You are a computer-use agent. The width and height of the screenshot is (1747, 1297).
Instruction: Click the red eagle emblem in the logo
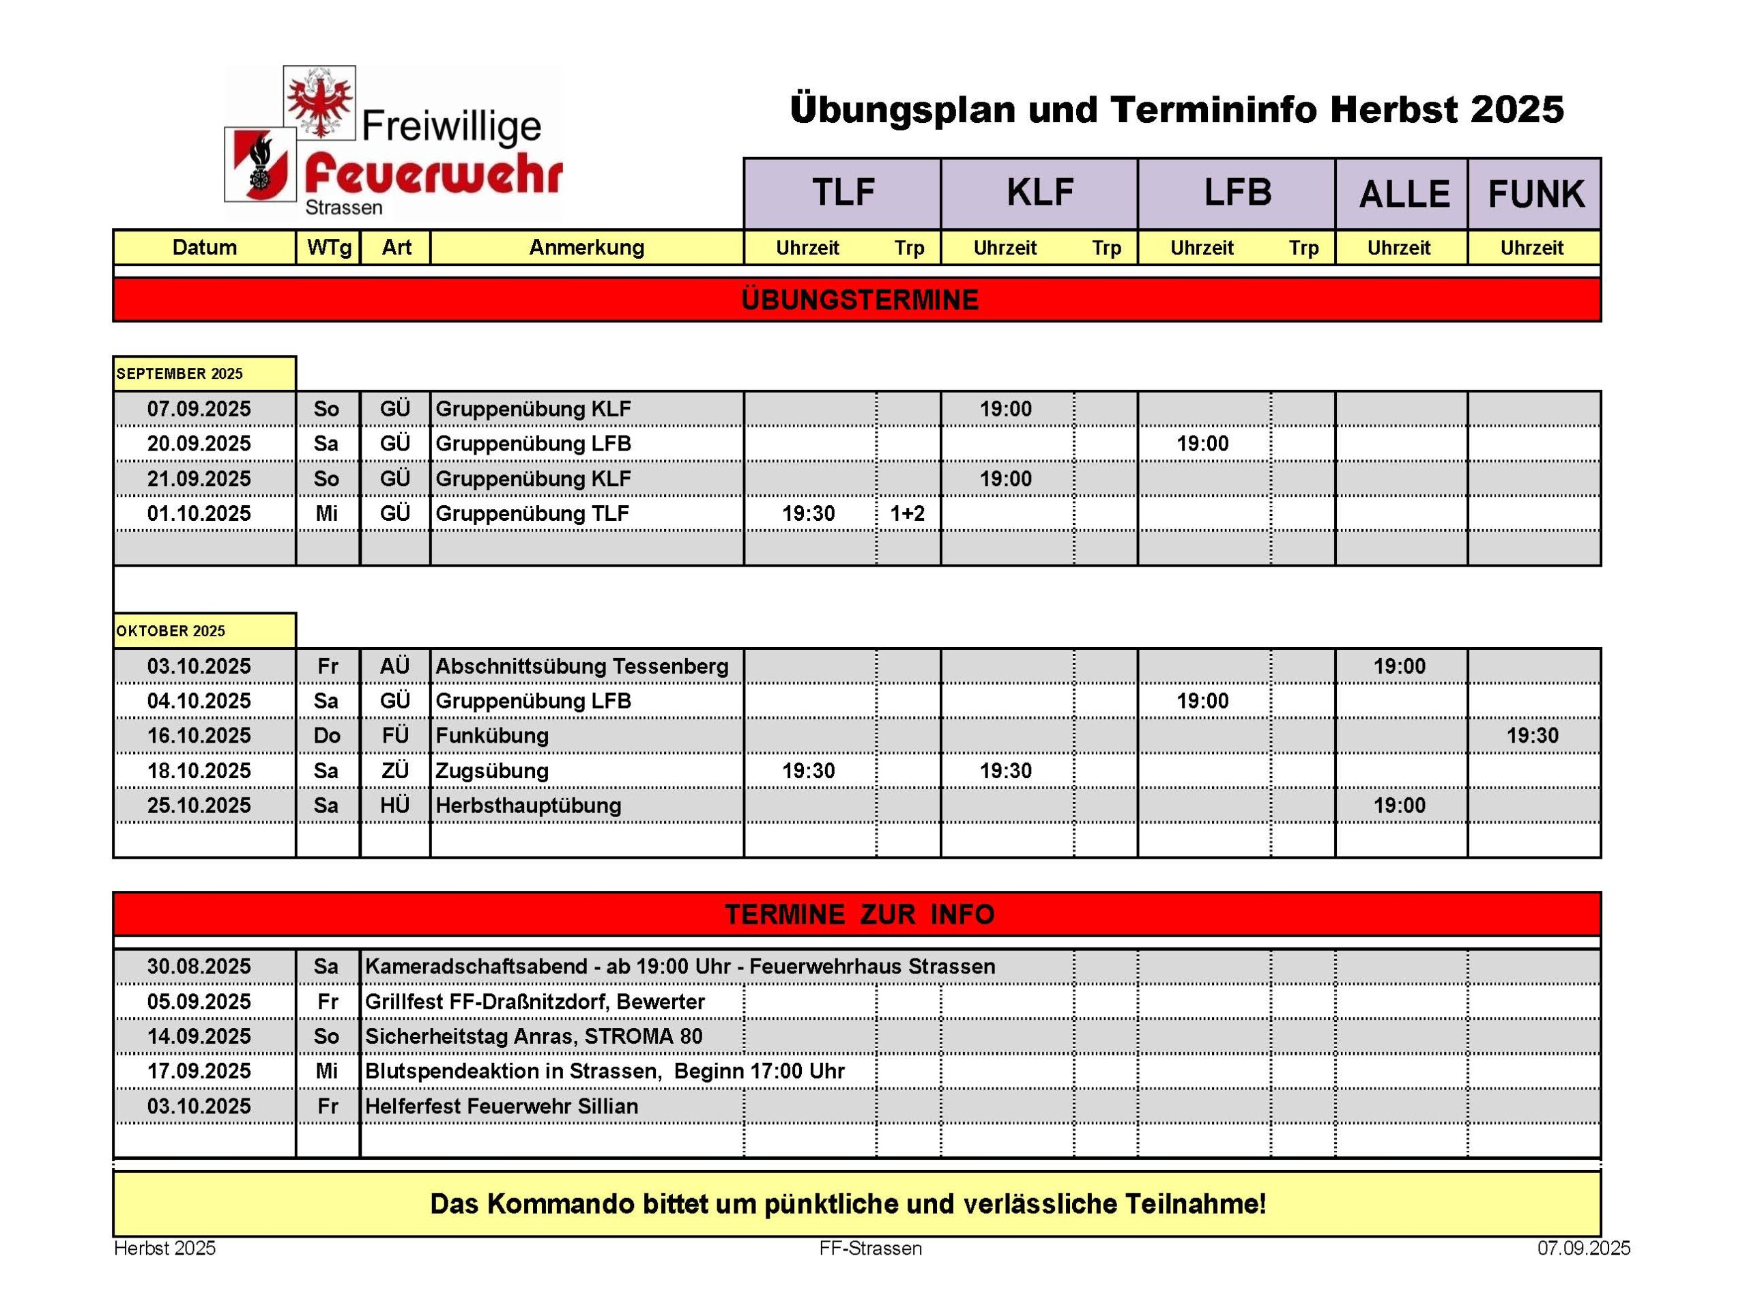(319, 102)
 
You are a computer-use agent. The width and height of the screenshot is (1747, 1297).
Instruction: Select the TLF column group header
(842, 193)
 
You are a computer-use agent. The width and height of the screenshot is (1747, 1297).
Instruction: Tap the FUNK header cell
(1535, 194)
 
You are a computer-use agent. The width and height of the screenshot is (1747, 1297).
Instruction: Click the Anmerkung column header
(586, 247)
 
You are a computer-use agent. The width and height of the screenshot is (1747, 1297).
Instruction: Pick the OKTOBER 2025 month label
(171, 631)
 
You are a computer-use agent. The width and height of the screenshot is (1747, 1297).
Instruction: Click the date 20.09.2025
(199, 444)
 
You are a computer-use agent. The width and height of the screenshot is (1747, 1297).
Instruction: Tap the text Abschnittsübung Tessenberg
(581, 666)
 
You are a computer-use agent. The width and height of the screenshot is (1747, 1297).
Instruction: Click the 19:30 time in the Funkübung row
(1532, 736)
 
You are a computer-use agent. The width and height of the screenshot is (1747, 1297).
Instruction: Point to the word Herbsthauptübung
(528, 806)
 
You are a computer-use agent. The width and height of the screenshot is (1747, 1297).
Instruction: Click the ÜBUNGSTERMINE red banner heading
(859, 300)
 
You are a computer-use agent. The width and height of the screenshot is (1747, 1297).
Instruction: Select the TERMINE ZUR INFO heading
(859, 915)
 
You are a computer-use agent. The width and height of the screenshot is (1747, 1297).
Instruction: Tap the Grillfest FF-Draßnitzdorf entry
(534, 1002)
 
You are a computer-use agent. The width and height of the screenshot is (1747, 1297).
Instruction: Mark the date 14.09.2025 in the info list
(199, 1036)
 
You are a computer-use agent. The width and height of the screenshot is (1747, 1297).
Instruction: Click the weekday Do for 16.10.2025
(326, 736)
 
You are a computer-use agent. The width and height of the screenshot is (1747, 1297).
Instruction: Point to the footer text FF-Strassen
(870, 1249)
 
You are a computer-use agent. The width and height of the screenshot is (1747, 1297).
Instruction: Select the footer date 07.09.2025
(1583, 1249)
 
